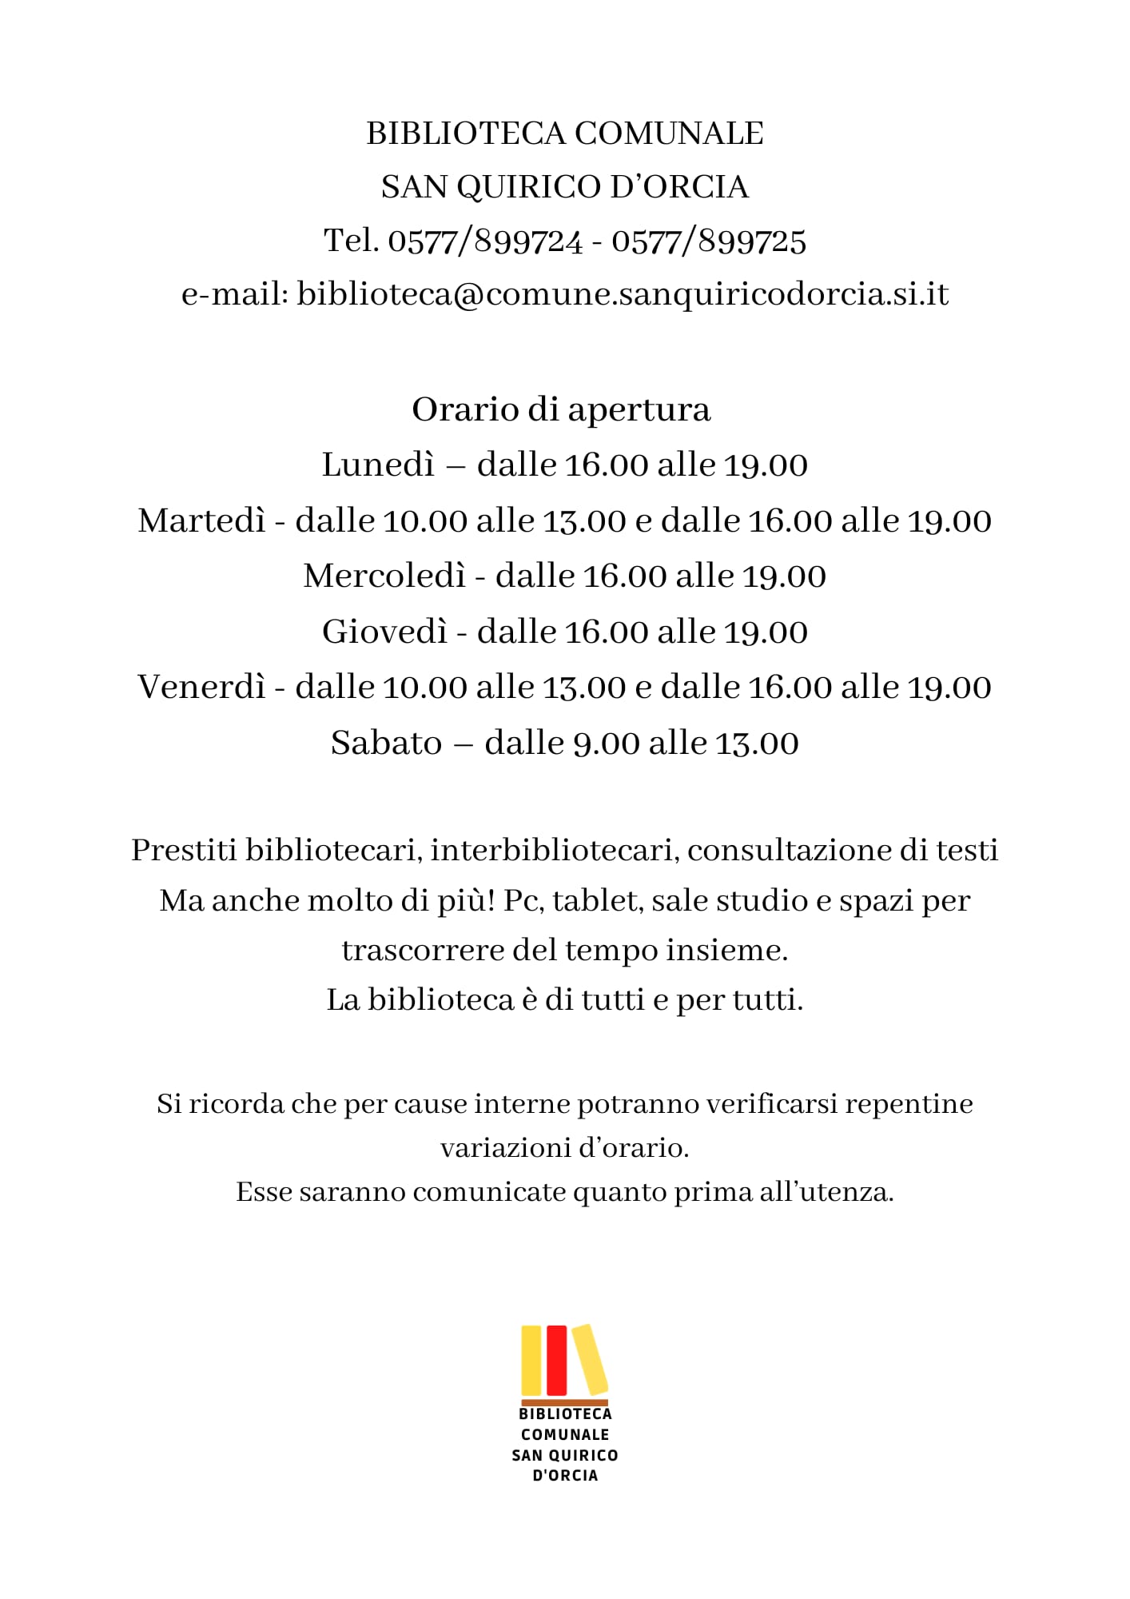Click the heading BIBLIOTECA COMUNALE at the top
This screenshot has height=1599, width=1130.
565,134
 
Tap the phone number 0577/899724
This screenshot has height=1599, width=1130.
485,241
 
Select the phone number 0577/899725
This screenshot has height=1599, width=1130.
709,241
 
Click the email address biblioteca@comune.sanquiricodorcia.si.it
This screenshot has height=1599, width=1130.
623,294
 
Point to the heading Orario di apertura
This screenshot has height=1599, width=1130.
561,410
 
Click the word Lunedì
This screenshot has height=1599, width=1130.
378,465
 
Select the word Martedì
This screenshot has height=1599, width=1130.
201,521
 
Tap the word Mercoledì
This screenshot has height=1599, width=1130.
384,576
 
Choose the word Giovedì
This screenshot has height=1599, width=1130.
384,632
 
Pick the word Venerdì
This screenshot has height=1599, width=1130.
201,688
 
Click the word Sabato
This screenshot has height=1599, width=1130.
386,744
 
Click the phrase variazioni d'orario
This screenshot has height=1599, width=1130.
564,1148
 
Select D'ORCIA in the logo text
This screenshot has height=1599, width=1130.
565,1476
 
